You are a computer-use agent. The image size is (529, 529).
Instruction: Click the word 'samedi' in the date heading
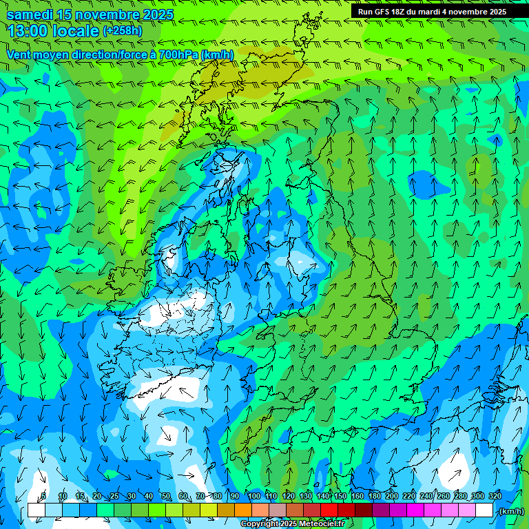point(30,14)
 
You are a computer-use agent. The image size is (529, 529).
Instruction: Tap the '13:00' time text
point(27,31)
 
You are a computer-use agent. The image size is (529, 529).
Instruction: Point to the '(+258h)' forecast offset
point(122,31)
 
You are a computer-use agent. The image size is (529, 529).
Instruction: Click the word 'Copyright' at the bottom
point(259,524)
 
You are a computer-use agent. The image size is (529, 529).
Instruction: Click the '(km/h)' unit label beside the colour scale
point(510,510)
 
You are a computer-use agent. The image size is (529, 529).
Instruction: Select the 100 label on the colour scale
point(253,497)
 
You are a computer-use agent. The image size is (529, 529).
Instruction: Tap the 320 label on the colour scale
point(495,497)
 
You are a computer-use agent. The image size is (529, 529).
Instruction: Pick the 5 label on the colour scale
point(43,497)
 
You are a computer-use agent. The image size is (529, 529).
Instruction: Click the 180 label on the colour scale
point(374,497)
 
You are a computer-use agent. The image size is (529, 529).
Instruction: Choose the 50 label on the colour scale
point(166,497)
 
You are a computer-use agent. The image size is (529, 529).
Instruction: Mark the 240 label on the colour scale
point(426,497)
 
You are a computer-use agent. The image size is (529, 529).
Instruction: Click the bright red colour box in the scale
point(329,510)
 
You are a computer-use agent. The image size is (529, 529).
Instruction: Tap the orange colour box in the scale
point(243,510)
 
